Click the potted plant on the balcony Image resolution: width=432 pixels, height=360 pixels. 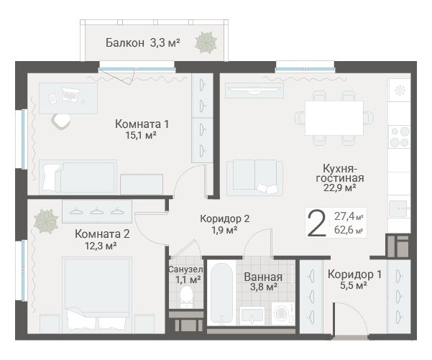coord(206,42)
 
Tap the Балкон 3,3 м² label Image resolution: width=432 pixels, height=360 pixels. coord(143,42)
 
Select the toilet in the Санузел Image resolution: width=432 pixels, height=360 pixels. coord(186,297)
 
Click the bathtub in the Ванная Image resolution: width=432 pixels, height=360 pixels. coord(221,294)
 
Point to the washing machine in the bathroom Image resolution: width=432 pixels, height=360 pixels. coord(283,313)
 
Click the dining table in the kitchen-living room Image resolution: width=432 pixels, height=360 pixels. coord(334,118)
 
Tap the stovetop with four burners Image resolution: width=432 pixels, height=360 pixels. coord(399,137)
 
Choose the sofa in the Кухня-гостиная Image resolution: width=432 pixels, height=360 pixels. coord(254,178)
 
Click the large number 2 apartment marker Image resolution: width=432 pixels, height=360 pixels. coord(316,223)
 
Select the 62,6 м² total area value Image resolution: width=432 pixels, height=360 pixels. coord(349,230)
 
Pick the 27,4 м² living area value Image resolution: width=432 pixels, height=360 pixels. coord(349,216)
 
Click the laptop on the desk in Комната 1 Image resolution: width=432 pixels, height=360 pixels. coord(71,94)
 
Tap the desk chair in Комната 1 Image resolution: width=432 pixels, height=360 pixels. coord(61,121)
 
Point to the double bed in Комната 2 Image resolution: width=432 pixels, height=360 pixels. coord(97,295)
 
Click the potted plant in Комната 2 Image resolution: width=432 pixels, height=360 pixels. coord(45,221)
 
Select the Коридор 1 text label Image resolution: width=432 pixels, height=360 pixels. coord(354,274)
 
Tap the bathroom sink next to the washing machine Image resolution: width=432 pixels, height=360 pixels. coord(252,316)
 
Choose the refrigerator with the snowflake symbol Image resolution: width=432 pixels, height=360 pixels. coord(399,90)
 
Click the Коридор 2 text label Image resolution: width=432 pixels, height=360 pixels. coord(225,218)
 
